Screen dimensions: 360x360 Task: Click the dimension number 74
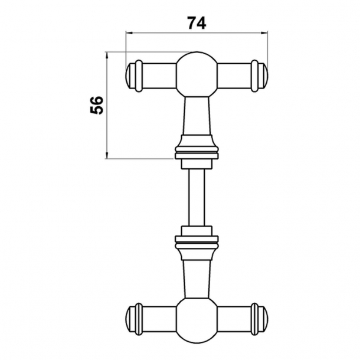coord(197,22)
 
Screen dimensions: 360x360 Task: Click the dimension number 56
coord(96,105)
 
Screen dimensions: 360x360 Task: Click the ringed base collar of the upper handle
coord(197,149)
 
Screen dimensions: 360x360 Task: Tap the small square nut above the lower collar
coord(197,230)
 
